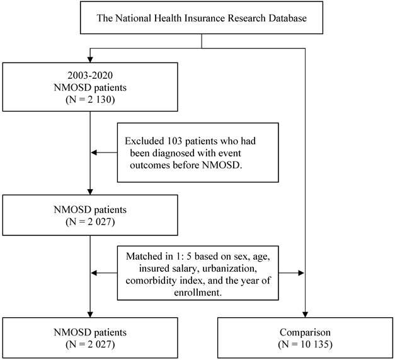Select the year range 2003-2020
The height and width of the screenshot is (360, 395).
90,75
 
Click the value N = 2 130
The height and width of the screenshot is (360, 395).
90,100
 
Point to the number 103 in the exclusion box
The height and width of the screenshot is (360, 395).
175,141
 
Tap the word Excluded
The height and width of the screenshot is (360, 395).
145,141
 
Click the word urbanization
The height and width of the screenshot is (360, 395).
229,268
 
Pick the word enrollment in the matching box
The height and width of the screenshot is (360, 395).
198,293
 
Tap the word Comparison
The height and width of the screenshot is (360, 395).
305,332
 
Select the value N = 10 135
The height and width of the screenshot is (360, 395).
305,344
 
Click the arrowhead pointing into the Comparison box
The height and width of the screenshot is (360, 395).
305,315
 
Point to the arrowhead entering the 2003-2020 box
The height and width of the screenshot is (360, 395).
90,59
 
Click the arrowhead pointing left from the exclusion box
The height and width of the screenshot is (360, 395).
94,153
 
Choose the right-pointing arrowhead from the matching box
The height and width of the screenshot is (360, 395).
301,273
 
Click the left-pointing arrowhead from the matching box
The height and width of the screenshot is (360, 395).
94,273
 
